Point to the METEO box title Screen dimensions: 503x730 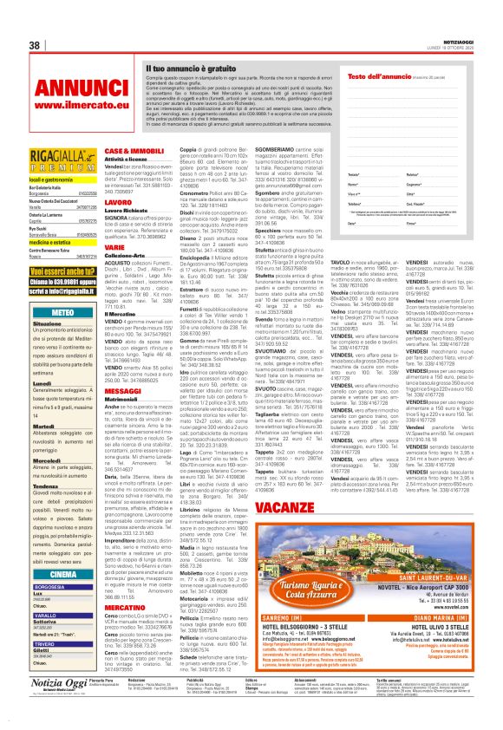pyautogui.click(x=63, y=310)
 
